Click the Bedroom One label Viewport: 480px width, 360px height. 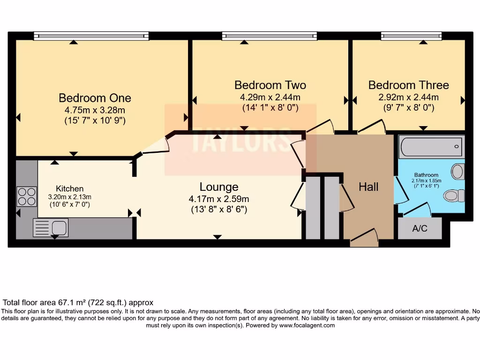95,98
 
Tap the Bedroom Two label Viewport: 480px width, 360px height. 270,85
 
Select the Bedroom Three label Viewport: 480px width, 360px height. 408,85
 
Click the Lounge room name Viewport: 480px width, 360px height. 219,187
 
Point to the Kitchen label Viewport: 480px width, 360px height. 69,188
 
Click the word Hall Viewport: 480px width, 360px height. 368,187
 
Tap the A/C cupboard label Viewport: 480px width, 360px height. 420,229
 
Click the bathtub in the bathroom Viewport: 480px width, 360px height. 432,147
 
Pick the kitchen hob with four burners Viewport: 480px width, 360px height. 27,196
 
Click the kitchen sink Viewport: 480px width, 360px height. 51,228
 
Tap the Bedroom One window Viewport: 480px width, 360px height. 91,36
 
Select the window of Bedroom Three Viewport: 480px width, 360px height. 423,36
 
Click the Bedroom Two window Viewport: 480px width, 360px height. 269,36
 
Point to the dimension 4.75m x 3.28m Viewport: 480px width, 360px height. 95,111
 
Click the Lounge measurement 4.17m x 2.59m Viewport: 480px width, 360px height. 219,199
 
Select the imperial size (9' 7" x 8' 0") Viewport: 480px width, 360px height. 408,108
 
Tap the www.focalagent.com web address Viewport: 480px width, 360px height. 307,325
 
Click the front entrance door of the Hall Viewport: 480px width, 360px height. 364,238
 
